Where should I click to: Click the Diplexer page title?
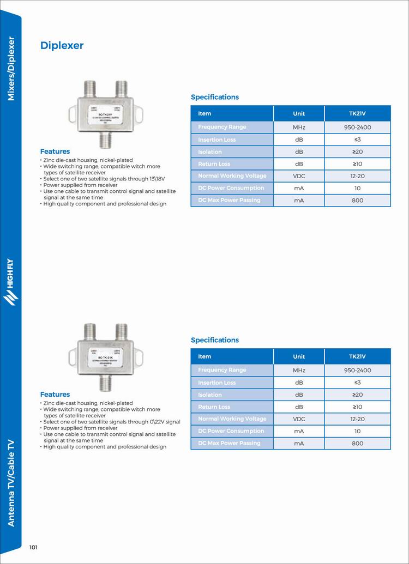[x=62, y=46]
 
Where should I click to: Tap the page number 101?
[x=33, y=547]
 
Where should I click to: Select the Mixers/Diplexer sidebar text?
[x=10, y=68]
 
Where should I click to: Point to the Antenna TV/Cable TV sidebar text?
[x=10, y=482]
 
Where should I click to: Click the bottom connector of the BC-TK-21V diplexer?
[x=105, y=141]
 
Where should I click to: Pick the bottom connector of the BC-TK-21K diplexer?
[x=105, y=384]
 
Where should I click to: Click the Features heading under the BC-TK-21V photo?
[x=55, y=151]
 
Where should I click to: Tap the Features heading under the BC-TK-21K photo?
[x=55, y=394]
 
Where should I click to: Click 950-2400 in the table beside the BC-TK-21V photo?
[x=357, y=127]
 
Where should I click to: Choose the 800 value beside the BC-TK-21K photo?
[x=357, y=443]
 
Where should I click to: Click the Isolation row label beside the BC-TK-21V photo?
[x=210, y=151]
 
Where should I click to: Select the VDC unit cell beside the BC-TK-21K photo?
[x=299, y=419]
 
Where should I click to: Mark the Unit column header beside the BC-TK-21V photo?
[x=299, y=113]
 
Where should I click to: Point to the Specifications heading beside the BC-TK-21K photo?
[x=215, y=340]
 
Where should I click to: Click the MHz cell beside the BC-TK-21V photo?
[x=299, y=127]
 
